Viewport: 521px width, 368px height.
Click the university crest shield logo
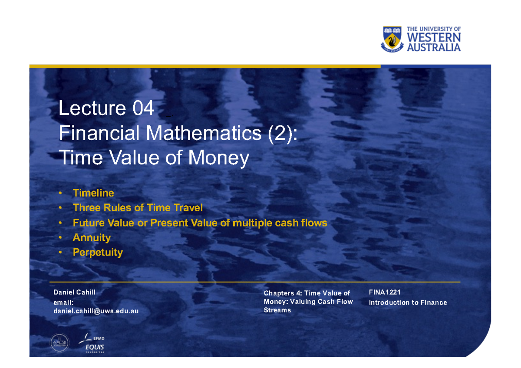pos(392,39)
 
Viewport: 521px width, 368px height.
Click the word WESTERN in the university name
pos(434,38)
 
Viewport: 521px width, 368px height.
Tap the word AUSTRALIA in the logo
pos(434,47)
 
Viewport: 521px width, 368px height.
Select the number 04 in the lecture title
pos(143,108)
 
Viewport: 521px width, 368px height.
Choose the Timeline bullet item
pos(93,193)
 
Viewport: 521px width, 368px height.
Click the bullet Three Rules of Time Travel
pos(138,208)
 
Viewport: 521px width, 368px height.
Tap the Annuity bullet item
pos(92,237)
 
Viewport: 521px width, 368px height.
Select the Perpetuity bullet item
pos(98,252)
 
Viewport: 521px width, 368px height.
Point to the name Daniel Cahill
pos(74,292)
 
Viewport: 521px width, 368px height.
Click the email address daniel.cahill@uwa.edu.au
pos(96,311)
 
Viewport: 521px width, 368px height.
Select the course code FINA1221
pos(385,292)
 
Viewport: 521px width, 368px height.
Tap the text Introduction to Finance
pos(408,302)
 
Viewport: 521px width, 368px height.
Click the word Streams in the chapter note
pos(277,310)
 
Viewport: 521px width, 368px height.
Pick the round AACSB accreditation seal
pos(59,343)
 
